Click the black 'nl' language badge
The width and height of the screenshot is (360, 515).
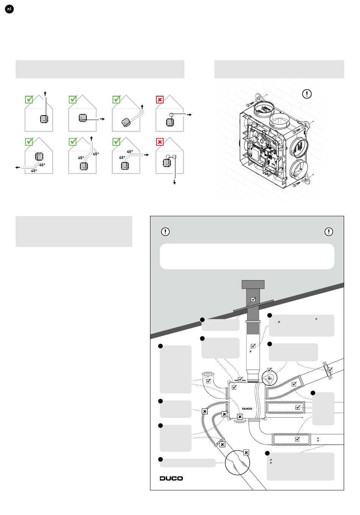coord(9,9)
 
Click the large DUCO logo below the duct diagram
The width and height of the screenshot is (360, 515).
coord(171,478)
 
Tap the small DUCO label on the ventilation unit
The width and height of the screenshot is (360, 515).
coord(247,409)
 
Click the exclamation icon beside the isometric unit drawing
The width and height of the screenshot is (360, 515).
coord(307,94)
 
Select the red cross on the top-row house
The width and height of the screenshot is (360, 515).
coord(160,100)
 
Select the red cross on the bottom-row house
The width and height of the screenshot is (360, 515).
coord(160,142)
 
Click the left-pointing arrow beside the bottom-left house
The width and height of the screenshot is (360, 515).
coord(18,167)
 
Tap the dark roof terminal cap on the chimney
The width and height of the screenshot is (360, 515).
coord(253,284)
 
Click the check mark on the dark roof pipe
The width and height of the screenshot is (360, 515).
coord(253,299)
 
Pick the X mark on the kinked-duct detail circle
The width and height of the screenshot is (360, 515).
coord(246,452)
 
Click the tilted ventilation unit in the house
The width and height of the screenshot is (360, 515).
coord(126,122)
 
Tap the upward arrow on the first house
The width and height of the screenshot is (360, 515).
coord(45,94)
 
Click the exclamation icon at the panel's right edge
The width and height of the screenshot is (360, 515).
coord(329,231)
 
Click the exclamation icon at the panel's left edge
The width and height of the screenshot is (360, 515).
coord(165,231)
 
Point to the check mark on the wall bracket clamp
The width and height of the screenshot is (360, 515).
coord(330,370)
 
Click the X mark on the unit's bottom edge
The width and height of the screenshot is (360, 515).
coord(240,417)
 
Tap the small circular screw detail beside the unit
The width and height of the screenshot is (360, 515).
coord(269,378)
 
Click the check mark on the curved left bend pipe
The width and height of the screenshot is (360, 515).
coord(208,381)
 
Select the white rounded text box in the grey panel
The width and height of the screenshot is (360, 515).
coord(247,256)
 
